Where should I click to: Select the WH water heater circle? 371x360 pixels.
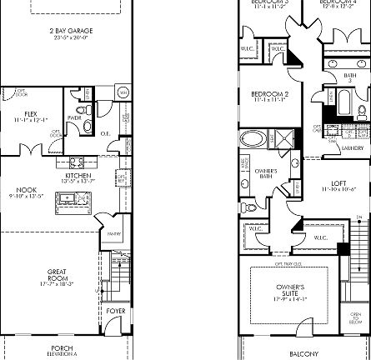(123, 92)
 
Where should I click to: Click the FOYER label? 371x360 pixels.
(116, 311)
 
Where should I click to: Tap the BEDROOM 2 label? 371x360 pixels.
(269, 96)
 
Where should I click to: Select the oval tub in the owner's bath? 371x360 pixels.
(249, 138)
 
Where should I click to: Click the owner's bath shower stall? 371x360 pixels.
(285, 138)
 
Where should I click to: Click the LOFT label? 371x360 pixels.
(338, 185)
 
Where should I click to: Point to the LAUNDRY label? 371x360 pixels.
(352, 148)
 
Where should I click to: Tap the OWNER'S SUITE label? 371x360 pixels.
(290, 291)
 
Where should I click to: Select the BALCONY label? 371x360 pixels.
(303, 354)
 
